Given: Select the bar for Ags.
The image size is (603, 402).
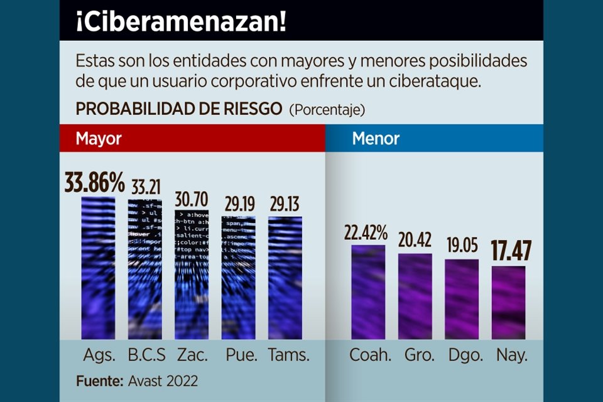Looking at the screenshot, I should click(x=99, y=268).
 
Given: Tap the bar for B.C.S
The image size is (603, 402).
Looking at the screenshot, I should click(x=145, y=270).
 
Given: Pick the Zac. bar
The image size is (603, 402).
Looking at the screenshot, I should click(x=192, y=274).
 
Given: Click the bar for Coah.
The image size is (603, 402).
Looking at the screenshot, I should click(x=368, y=292).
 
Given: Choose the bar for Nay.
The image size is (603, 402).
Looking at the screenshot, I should click(x=508, y=303).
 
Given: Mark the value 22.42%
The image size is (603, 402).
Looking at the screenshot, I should click(x=367, y=232).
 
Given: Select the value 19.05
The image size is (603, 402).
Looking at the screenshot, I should click(x=462, y=246).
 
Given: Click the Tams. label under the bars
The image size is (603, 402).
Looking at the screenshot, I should click(x=289, y=355).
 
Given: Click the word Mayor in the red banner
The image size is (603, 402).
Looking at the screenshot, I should click(x=99, y=138).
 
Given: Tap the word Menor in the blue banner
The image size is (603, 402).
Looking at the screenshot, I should click(x=376, y=138).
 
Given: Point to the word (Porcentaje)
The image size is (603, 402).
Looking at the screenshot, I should click(x=327, y=110).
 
